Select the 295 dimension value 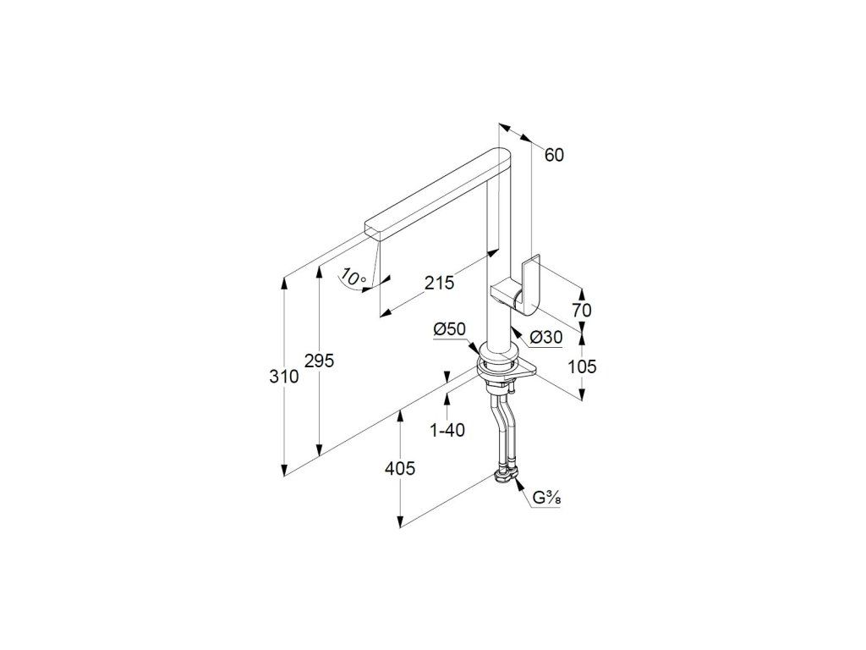point(320,361)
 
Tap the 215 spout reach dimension point(439,283)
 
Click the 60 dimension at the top point(554,155)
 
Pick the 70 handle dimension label point(581,311)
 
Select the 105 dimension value point(581,366)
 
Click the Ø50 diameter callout point(449,329)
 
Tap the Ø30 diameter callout point(546,337)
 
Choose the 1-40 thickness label point(447,430)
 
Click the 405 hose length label point(399,468)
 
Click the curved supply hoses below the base point(501,427)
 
